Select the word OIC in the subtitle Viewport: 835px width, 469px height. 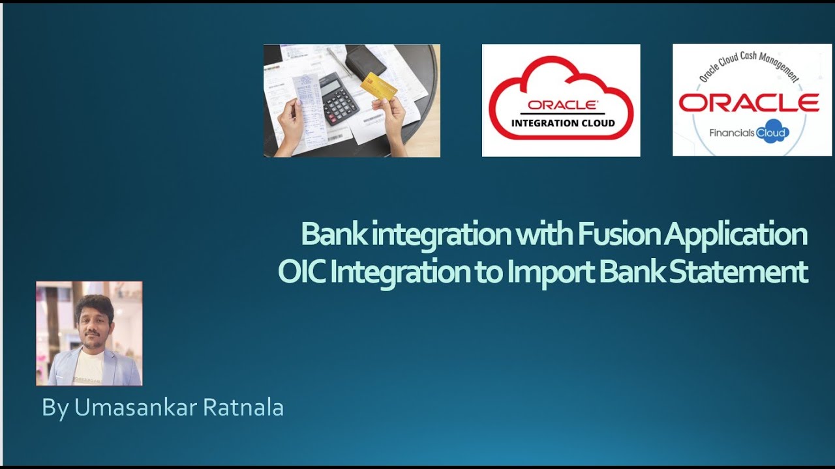tap(301, 272)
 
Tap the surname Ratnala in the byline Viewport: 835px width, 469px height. tap(243, 407)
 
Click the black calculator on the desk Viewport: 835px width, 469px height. tap(339, 98)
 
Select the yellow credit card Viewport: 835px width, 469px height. tap(379, 87)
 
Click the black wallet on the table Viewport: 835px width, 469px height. tap(365, 61)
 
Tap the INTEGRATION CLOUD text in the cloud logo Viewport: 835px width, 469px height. tap(563, 123)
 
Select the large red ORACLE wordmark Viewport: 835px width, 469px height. tap(749, 103)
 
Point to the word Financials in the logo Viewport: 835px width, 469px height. tap(732, 133)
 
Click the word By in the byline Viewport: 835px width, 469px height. tap(55, 407)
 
